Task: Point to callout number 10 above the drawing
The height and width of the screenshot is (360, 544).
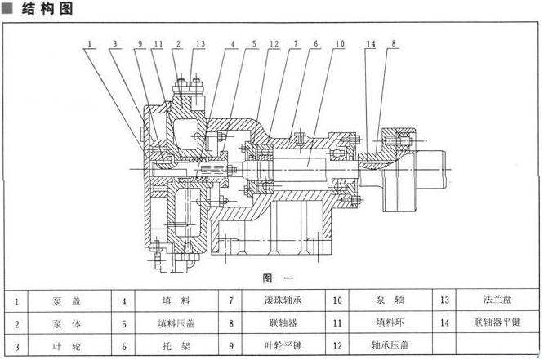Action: (339, 43)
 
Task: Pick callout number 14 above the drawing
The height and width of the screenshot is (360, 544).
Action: (370, 43)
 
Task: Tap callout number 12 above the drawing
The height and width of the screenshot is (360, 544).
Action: (273, 43)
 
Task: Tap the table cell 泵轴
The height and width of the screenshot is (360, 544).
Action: (388, 301)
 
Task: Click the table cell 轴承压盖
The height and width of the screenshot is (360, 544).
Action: (388, 345)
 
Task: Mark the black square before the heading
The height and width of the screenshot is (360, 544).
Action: (7, 10)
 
